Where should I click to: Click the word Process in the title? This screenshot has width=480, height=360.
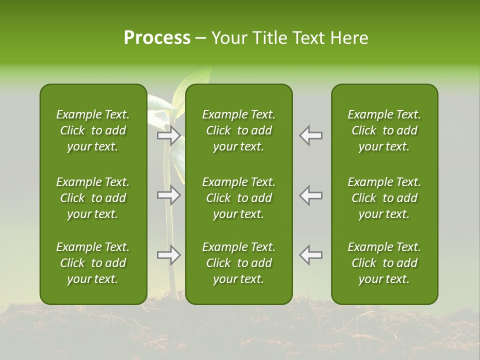(x=157, y=38)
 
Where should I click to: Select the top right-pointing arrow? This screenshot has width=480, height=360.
(x=169, y=135)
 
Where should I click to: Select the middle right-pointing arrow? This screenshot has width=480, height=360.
(x=169, y=195)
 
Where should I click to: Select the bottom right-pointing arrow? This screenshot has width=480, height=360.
(x=169, y=255)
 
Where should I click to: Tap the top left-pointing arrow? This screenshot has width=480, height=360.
(x=311, y=135)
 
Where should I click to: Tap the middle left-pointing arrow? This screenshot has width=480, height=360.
(x=311, y=195)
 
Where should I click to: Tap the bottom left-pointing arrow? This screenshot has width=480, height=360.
(x=311, y=255)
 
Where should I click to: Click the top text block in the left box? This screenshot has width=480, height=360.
(x=93, y=130)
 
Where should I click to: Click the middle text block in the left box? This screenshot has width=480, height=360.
(x=93, y=198)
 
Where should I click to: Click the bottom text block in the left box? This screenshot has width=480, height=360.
(x=93, y=263)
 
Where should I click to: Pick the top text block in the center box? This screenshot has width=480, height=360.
(x=238, y=130)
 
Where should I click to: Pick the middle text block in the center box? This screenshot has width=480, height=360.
(x=238, y=198)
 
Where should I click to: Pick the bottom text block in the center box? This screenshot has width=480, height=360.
(x=238, y=263)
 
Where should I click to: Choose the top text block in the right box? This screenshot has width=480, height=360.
(x=384, y=130)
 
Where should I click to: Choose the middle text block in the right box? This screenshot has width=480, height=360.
(x=384, y=198)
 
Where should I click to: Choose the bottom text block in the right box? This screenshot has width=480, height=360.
(x=384, y=263)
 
